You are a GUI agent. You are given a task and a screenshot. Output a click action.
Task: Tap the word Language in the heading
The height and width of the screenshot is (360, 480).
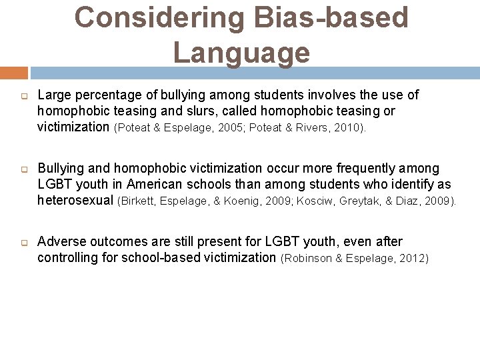click(x=241, y=53)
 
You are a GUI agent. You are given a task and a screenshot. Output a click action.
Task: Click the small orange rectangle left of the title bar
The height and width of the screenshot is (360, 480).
click(x=13, y=73)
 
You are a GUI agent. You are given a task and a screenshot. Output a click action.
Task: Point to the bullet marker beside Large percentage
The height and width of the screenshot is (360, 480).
click(x=23, y=95)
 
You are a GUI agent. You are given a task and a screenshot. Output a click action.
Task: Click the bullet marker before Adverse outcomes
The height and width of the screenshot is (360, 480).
click(x=23, y=242)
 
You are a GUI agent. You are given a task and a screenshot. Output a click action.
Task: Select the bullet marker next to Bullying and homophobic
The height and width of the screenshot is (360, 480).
click(x=23, y=169)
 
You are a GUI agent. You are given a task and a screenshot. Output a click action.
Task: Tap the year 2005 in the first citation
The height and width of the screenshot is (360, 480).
click(x=219, y=127)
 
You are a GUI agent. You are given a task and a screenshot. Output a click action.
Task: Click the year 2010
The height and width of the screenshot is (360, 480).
click(x=348, y=127)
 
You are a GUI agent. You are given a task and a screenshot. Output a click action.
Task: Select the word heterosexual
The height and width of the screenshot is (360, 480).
click(x=75, y=200)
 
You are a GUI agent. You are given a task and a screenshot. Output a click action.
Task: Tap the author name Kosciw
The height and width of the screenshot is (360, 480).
click(x=315, y=201)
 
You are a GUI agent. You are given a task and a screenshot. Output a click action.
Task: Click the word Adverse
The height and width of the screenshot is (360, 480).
click(x=59, y=241)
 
